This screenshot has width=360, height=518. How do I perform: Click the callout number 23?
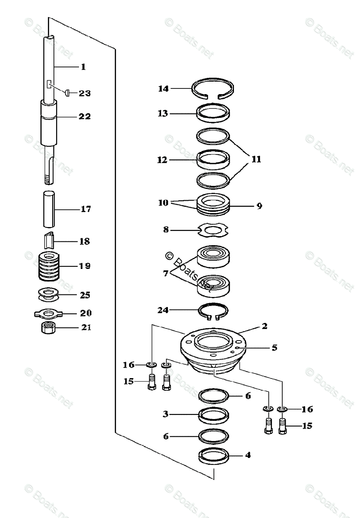click(85, 93)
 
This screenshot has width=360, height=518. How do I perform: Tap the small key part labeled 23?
click(67, 92)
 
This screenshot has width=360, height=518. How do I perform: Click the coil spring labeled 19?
click(48, 266)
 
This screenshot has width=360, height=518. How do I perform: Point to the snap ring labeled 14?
click(214, 89)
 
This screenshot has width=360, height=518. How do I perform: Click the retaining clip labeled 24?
click(213, 311)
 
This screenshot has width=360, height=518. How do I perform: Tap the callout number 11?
click(256, 159)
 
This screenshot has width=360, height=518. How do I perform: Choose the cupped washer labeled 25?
click(48, 296)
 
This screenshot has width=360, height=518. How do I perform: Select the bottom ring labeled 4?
click(214, 457)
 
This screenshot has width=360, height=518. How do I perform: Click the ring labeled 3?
click(214, 416)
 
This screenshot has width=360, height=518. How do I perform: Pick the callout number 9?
click(259, 206)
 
